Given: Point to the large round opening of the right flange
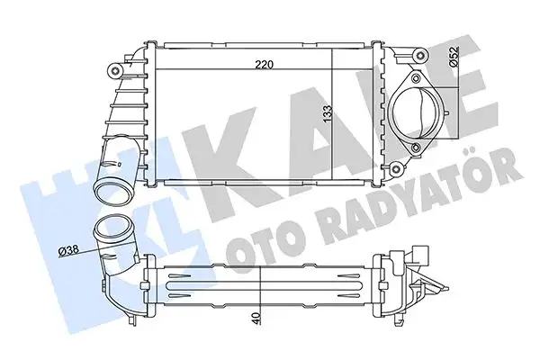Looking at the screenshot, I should pyautogui.click(x=419, y=114).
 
